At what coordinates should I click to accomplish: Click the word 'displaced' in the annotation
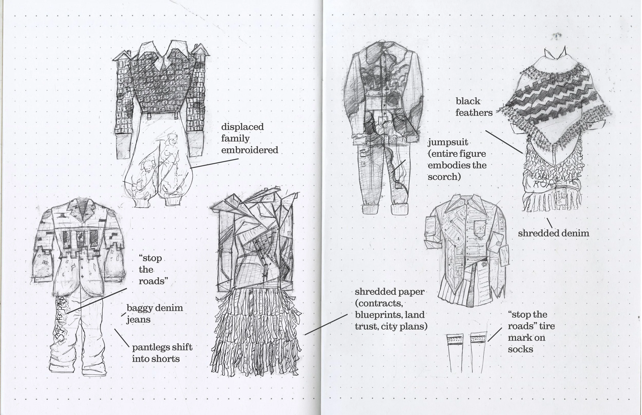[x=242, y=127]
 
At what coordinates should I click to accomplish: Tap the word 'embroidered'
[x=250, y=150]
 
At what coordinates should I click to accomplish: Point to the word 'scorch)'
[x=444, y=177]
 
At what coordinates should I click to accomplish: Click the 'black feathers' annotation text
[x=474, y=107]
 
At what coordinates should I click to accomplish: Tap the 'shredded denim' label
[x=553, y=233]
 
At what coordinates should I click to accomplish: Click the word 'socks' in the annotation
[x=520, y=350]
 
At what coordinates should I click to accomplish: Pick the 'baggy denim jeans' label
[x=155, y=314]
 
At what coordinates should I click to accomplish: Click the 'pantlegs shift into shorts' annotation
[x=162, y=353]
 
